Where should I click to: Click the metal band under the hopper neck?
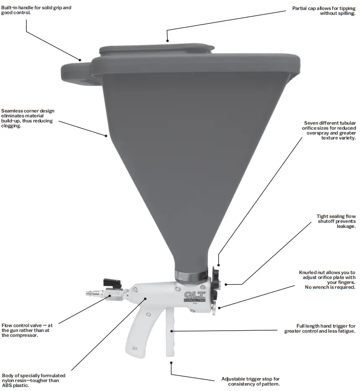point(191,277)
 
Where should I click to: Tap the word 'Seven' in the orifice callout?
point(312,123)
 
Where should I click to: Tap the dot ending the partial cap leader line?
point(167,41)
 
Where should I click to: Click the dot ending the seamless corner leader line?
point(106,135)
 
